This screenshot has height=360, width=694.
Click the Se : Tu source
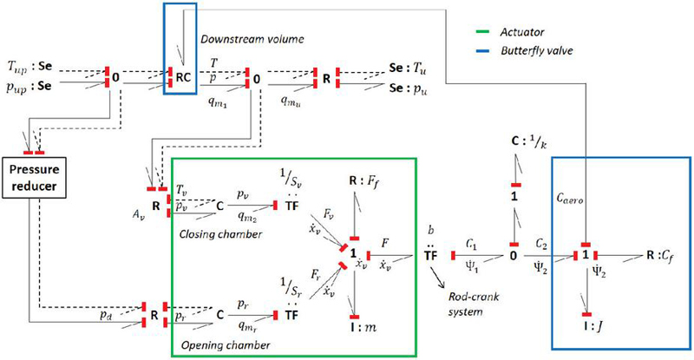coord(409,66)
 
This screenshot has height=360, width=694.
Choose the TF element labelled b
coord(430,257)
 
